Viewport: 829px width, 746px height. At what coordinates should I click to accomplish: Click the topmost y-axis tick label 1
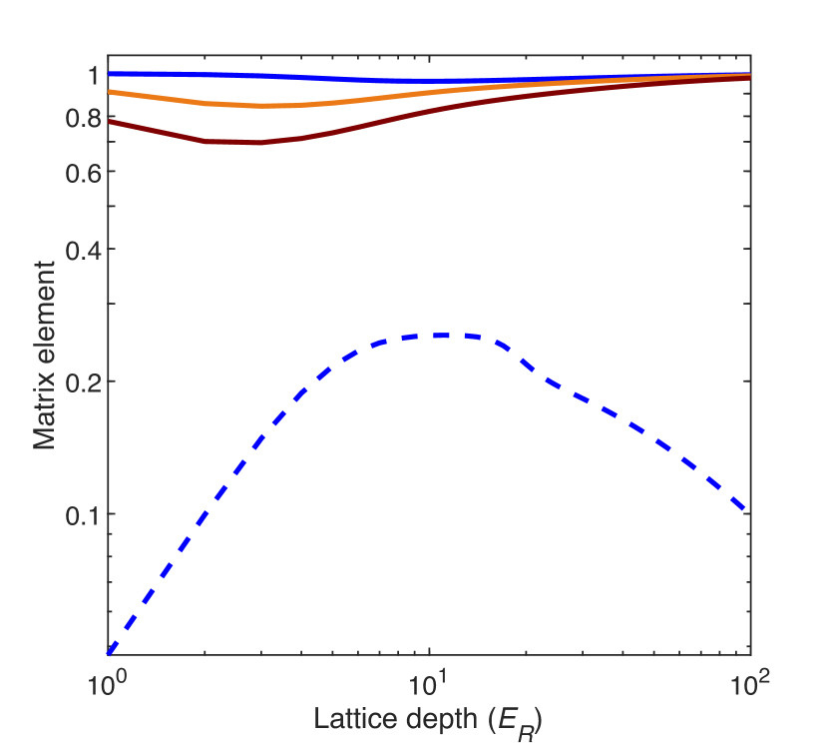coord(92,75)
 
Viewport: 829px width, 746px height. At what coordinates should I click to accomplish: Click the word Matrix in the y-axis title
coord(44,412)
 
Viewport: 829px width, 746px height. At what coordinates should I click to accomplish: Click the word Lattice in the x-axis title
coord(348,718)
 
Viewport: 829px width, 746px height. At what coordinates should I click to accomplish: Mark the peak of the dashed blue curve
coord(439,336)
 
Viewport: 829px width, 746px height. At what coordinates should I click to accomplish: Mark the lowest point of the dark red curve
coord(254,143)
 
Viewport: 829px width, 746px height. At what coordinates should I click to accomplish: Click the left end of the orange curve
coord(109,92)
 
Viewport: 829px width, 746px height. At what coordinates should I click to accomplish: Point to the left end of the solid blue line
coord(109,74)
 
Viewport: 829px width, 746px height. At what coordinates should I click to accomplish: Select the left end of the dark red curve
coord(109,122)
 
